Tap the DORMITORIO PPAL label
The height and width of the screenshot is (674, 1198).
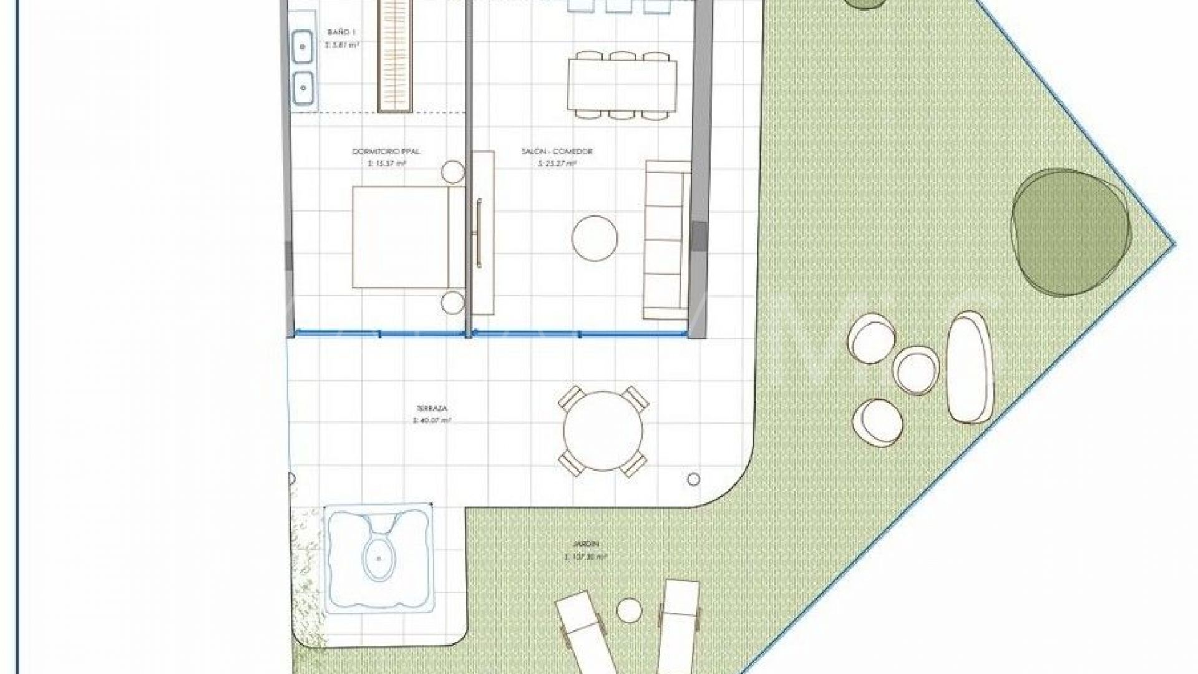[x=379, y=152]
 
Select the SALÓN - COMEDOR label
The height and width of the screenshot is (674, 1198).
[x=557, y=152]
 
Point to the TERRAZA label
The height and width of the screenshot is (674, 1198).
[x=431, y=408]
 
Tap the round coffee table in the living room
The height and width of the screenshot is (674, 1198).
[x=595, y=238]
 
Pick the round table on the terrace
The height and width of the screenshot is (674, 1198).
[x=603, y=431]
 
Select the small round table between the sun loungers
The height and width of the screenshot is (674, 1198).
[x=629, y=610]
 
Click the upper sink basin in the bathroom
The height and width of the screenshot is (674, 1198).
[x=303, y=46]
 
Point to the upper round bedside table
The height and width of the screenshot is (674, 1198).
[x=452, y=172]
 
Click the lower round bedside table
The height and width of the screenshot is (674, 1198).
[x=452, y=303]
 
